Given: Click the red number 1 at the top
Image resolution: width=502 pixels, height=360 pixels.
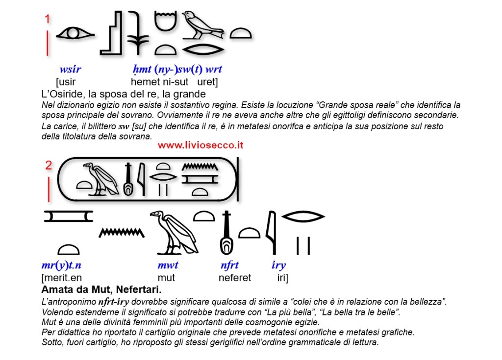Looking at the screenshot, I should (48, 20).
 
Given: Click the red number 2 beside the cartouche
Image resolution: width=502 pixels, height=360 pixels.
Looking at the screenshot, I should (49, 165).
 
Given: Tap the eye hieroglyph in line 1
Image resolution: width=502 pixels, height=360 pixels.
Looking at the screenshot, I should (74, 34).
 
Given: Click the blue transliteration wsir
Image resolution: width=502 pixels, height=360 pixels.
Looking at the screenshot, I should (70, 70).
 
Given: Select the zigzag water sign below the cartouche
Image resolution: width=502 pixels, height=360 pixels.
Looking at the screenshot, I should (122, 232).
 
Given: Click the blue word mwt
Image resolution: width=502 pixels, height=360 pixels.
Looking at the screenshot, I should (168, 265).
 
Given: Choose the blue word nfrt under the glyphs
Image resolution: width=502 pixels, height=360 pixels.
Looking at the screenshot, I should (229, 265).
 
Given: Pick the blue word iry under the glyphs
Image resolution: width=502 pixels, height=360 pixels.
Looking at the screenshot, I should (278, 265).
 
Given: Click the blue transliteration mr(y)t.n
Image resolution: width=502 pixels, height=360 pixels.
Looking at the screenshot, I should (61, 265).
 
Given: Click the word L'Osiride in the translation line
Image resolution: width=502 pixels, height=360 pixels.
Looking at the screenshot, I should (62, 93).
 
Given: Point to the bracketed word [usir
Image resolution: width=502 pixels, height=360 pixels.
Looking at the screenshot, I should (66, 81).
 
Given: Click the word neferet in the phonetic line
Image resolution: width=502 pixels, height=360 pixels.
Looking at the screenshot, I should (234, 278).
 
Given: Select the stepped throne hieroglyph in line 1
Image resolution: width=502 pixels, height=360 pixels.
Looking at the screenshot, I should (111, 33).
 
